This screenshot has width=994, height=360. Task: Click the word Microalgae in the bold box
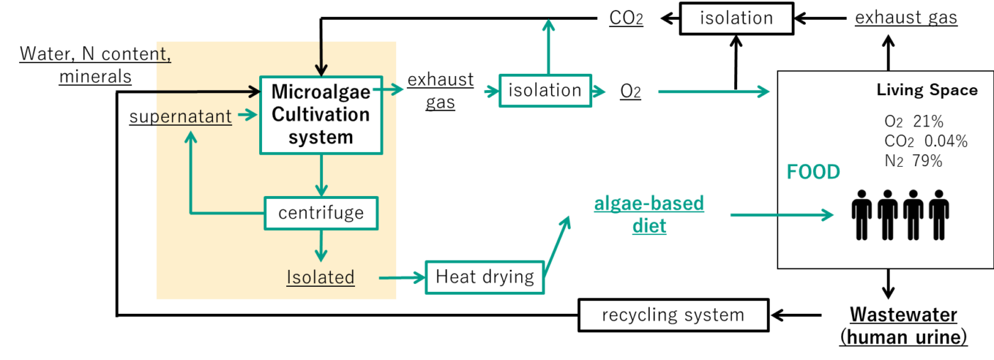tap(321, 92)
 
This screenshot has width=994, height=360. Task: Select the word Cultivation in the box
tap(321, 114)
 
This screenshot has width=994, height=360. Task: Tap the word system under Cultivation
tap(321, 137)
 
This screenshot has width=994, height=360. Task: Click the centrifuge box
tap(321, 213)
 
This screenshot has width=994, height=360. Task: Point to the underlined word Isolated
tap(320, 277)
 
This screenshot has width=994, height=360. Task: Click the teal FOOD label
tap(813, 173)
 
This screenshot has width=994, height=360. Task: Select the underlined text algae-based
tap(649, 204)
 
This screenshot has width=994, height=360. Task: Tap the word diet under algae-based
tap(649, 227)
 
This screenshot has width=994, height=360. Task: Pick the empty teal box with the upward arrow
tap(545, 91)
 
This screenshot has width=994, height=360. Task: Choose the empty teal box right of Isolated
tap(485, 278)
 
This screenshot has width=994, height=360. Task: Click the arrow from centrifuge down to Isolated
tap(321, 245)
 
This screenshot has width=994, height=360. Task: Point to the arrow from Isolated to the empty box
tap(402, 278)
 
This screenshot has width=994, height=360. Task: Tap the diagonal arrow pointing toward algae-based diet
tap(558, 241)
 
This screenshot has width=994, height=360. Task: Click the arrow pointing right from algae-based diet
tap(781, 214)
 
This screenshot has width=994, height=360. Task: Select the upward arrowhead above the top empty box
tap(548, 26)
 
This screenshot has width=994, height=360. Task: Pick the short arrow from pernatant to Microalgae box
tap(247, 115)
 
